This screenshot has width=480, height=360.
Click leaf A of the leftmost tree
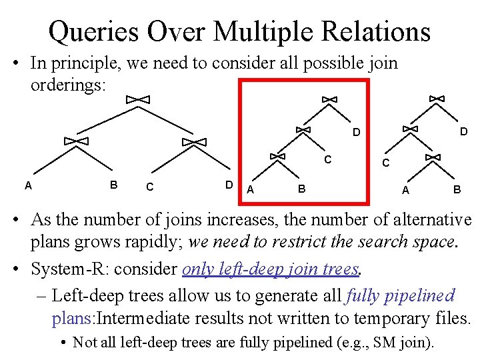pyautogui.click(x=28, y=185)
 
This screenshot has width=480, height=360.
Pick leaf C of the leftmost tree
pyautogui.click(x=149, y=187)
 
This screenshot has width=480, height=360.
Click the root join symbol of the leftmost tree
pyautogui.click(x=137, y=99)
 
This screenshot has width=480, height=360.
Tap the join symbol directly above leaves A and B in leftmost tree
pyautogui.click(x=76, y=141)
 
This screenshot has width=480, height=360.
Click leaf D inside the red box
pyautogui.click(x=357, y=133)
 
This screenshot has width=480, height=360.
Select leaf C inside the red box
pyautogui.click(x=327, y=160)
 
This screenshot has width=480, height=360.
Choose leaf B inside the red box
pyautogui.click(x=301, y=189)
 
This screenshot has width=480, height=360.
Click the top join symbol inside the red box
pyautogui.click(x=329, y=99)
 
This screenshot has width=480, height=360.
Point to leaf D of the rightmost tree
pyautogui.click(x=463, y=132)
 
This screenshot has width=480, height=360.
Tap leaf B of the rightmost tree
pyautogui.click(x=457, y=189)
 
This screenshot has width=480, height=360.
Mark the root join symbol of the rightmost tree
pyautogui.click(x=437, y=99)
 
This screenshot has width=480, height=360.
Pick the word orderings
pyautogui.click(x=67, y=87)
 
